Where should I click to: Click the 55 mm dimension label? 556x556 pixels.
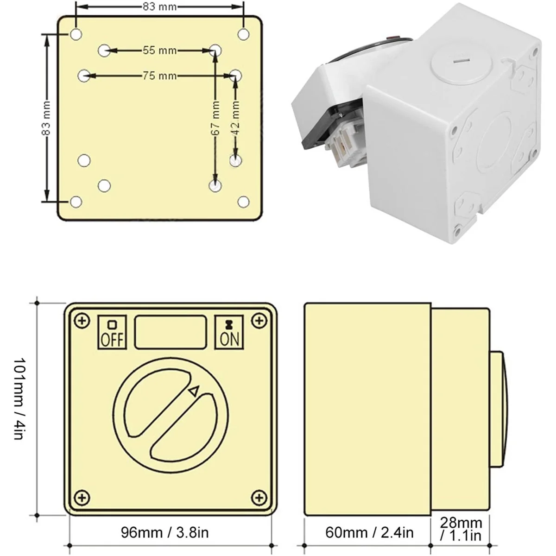click(159, 50)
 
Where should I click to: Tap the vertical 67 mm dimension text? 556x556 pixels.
click(215, 119)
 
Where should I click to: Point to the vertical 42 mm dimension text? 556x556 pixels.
click(235, 119)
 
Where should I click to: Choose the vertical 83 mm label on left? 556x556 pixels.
click(46, 118)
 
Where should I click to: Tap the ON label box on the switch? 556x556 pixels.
click(229, 332)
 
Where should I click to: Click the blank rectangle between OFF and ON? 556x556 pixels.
click(170, 332)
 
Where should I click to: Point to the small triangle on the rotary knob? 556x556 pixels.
click(194, 392)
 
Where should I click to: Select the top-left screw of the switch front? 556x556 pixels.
click(82, 321)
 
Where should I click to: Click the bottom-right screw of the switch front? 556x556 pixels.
click(259, 498)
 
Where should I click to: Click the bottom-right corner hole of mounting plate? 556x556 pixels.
click(243, 202)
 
